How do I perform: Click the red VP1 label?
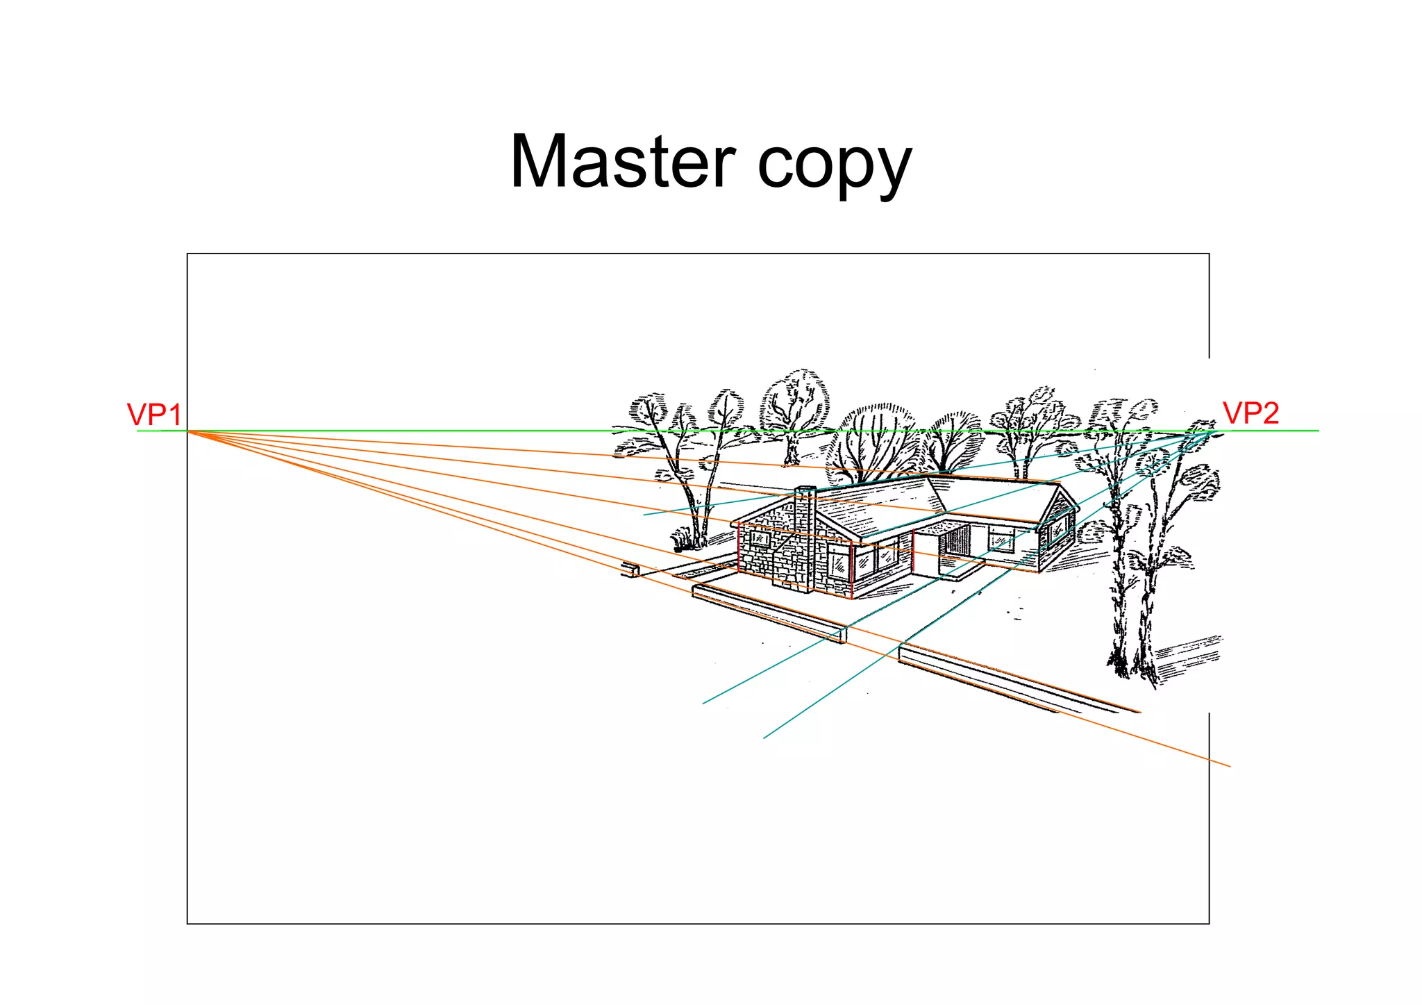click(x=154, y=415)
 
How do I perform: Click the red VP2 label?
click(x=1250, y=413)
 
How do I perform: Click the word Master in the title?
click(x=622, y=162)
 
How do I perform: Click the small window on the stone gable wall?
click(x=761, y=539)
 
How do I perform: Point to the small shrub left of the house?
click(x=682, y=539)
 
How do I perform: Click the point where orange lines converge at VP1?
click(x=188, y=431)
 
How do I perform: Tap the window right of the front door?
click(x=1001, y=538)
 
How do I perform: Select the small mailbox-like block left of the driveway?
click(x=631, y=570)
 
